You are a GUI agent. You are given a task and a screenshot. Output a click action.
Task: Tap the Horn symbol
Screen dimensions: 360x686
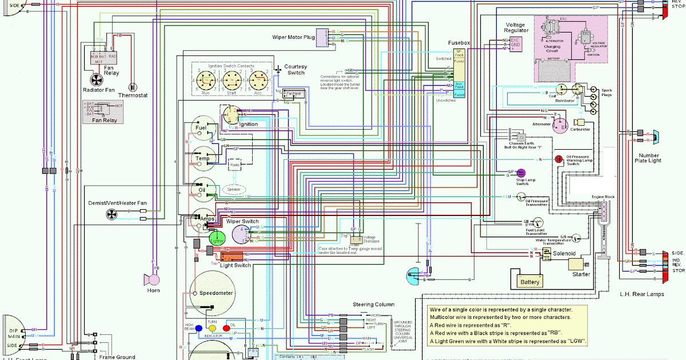tap(153, 279)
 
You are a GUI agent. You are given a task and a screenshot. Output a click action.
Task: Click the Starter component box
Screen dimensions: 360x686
tap(578, 265)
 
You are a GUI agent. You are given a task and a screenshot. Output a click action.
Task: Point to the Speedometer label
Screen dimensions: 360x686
tap(216, 293)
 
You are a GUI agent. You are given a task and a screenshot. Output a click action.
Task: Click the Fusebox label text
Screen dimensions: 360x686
tap(458, 42)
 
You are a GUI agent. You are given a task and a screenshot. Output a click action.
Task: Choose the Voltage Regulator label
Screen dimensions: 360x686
tap(514, 29)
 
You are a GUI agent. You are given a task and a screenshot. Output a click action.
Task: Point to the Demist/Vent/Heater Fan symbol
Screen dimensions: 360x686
tap(111, 214)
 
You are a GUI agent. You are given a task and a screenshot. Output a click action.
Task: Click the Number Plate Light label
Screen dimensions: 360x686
tap(649, 158)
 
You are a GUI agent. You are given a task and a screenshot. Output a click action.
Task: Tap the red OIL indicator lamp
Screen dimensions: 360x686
tap(226, 329)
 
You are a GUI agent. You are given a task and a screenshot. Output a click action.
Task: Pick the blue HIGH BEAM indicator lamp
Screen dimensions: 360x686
tap(198, 329)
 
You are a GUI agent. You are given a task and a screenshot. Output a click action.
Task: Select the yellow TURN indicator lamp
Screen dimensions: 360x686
tap(212, 329)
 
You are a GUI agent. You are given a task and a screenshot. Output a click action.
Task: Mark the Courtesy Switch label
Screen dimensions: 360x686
tap(296, 70)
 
